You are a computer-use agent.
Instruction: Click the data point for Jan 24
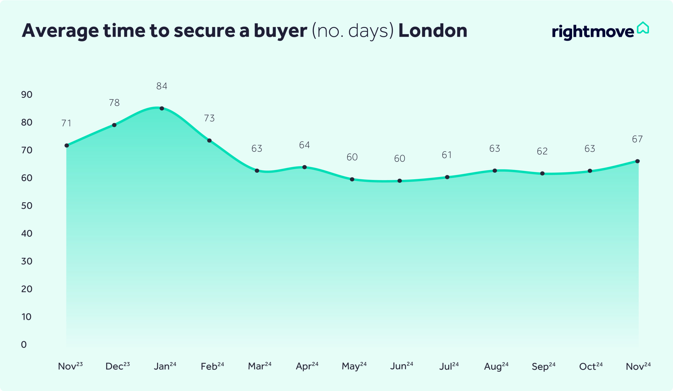click(x=162, y=108)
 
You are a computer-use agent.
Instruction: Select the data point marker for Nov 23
click(x=67, y=145)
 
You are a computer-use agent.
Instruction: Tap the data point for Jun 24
click(x=400, y=181)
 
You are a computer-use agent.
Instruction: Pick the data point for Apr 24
click(x=305, y=167)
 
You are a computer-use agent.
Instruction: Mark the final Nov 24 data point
click(x=638, y=161)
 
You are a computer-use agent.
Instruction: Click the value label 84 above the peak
click(x=162, y=86)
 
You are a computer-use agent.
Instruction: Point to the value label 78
click(x=114, y=103)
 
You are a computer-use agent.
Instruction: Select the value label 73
click(x=209, y=118)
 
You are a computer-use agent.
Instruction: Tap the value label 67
click(x=637, y=140)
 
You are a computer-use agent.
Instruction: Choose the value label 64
click(x=304, y=145)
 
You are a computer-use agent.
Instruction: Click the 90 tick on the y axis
click(x=27, y=95)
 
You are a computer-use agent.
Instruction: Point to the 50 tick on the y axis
click(x=27, y=206)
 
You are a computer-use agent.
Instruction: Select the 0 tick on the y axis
click(x=24, y=345)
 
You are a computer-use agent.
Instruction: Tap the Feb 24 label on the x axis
click(x=212, y=366)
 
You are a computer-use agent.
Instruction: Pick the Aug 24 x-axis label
click(x=496, y=366)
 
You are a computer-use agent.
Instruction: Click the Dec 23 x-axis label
click(x=118, y=366)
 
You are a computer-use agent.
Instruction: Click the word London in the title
click(x=433, y=31)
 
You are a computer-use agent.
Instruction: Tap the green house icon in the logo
click(x=643, y=28)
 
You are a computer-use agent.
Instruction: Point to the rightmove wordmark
click(x=593, y=32)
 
